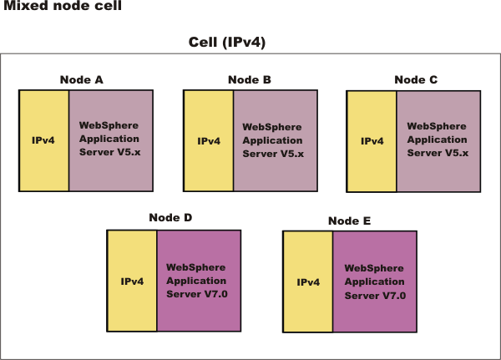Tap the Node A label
[x=82, y=79]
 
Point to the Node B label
[x=249, y=79]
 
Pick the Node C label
[x=416, y=79]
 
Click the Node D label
[x=170, y=217]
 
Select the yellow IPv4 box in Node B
[x=209, y=140]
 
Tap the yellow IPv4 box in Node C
[x=372, y=140]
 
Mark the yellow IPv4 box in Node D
[x=132, y=281]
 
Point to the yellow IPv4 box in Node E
[x=308, y=282]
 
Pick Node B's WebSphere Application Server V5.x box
[x=276, y=140]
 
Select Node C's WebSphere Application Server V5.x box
[x=438, y=140]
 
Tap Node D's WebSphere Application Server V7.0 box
[x=200, y=281]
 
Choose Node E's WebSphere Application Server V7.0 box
[x=375, y=282]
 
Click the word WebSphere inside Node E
[x=375, y=268]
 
